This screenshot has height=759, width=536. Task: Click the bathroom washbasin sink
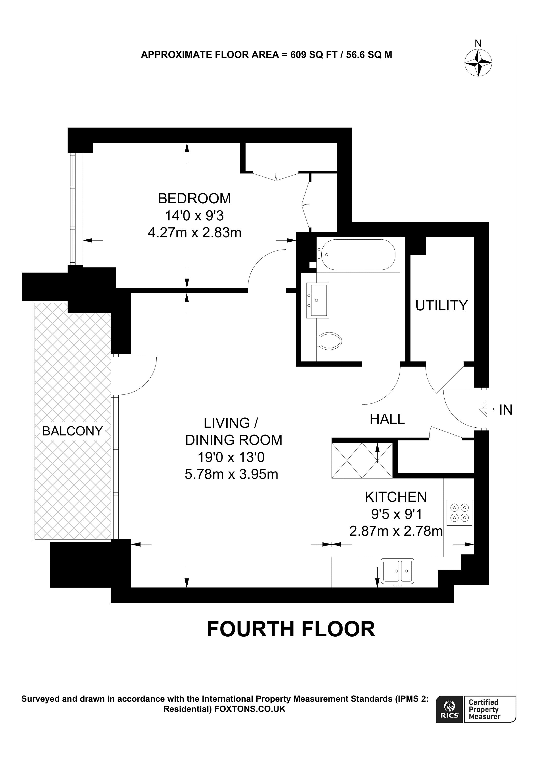click(x=317, y=300)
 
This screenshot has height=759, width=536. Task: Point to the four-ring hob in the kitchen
click(x=459, y=513)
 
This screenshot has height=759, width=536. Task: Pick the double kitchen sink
click(x=397, y=570)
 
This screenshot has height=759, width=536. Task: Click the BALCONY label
click(x=72, y=431)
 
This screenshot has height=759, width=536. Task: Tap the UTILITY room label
click(x=441, y=306)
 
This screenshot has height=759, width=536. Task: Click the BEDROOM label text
click(x=194, y=198)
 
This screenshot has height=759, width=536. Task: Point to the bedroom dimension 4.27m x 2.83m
click(x=194, y=233)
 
